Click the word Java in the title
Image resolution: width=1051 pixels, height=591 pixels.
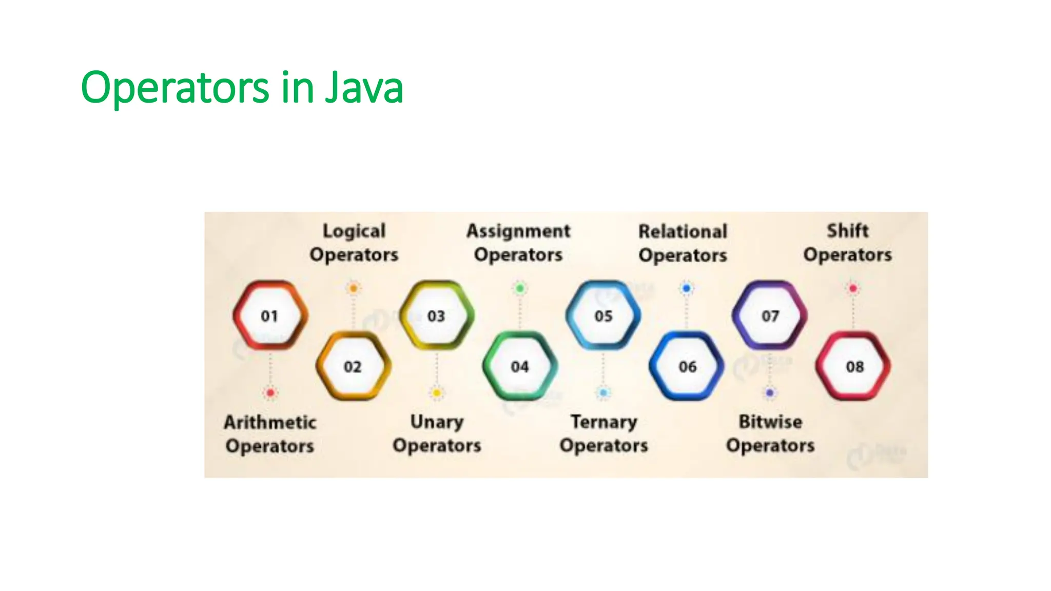click(364, 87)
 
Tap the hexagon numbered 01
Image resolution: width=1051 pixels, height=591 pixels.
click(270, 316)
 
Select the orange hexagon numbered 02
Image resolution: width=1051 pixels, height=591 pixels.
click(353, 366)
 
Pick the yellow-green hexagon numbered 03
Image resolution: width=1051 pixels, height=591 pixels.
click(436, 316)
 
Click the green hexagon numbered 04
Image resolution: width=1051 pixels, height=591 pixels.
click(520, 366)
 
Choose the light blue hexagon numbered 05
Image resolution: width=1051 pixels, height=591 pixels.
click(604, 316)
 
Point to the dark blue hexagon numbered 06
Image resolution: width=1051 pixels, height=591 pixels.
click(687, 366)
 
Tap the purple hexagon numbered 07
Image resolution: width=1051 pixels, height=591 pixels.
click(770, 316)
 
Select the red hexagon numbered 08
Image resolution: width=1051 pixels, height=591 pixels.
click(854, 366)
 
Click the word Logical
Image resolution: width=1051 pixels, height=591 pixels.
click(354, 231)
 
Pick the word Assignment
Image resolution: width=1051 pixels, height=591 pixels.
click(518, 231)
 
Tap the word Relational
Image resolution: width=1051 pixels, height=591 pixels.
click(683, 231)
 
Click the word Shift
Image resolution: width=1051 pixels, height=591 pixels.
click(848, 230)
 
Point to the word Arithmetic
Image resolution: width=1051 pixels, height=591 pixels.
click(270, 422)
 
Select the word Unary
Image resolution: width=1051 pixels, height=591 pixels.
click(437, 422)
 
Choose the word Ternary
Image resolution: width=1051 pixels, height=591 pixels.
click(604, 422)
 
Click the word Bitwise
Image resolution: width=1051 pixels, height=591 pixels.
click(770, 422)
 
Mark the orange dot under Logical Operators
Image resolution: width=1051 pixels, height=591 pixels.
click(353, 288)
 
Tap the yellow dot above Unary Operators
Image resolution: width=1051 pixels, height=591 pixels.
click(437, 393)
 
